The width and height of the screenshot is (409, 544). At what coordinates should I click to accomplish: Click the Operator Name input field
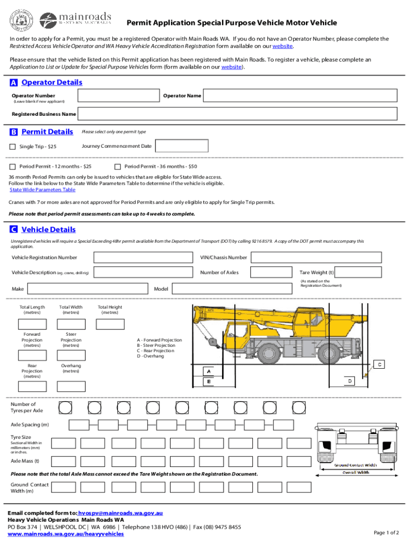pyautogui.click(x=300, y=96)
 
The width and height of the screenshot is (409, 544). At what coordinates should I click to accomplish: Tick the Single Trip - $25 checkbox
pyautogui.click(x=13, y=147)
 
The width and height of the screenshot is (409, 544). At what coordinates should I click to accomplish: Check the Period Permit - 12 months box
pyautogui.click(x=13, y=167)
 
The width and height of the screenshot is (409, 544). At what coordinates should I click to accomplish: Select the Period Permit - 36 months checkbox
pyautogui.click(x=118, y=167)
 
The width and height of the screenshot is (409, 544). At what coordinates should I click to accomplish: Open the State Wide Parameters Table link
pyautogui.click(x=42, y=190)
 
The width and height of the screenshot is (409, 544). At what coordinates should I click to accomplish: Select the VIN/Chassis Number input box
pyautogui.click(x=316, y=258)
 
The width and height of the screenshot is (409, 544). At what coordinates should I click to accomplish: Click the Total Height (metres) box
pyautogui.click(x=110, y=324)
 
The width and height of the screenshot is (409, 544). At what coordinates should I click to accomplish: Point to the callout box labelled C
pyautogui.click(x=380, y=364)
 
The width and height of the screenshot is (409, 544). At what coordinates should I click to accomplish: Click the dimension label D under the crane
pyautogui.click(x=350, y=381)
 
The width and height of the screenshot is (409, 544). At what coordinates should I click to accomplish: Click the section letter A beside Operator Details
pyautogui.click(x=13, y=83)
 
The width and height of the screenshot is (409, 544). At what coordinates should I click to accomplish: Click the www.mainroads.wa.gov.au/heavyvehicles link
pyautogui.click(x=65, y=533)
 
